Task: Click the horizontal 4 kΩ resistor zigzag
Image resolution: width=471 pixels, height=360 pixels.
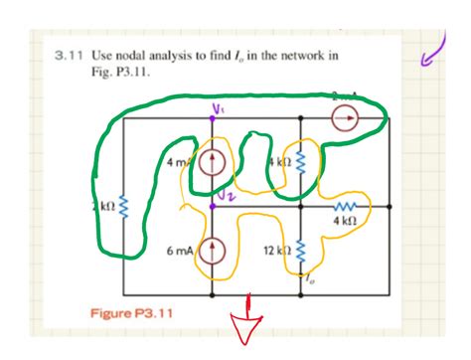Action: point(345,206)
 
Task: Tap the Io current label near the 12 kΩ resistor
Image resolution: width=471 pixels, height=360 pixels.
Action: point(310,282)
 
